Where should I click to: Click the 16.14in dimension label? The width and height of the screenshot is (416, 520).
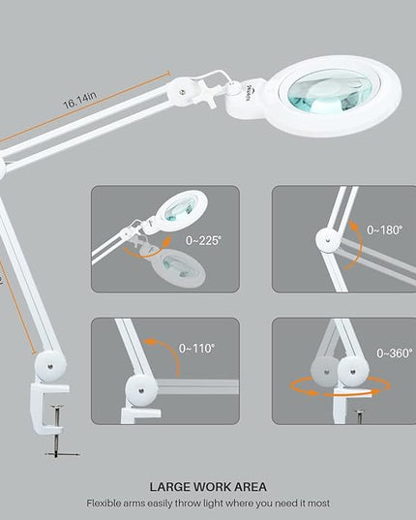point(80,100)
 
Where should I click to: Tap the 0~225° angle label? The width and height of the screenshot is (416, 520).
point(203,240)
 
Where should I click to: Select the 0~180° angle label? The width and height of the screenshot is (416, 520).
point(385,229)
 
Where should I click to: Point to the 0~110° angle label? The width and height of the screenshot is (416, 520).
point(196,349)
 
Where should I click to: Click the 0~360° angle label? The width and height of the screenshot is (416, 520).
point(395,353)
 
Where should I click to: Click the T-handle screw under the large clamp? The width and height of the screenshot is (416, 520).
point(57,430)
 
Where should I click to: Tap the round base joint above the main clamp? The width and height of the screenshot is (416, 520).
point(50,367)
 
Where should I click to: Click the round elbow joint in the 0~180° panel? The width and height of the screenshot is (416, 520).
point(328,240)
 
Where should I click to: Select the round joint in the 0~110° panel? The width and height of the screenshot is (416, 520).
point(141,390)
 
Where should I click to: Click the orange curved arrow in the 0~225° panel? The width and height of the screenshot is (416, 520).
point(147,252)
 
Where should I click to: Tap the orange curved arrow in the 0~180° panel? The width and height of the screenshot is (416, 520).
point(358,245)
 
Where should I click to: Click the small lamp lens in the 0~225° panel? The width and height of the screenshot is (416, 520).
point(182,209)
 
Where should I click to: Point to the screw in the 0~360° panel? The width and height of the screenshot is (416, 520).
point(360,416)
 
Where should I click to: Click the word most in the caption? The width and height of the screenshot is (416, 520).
point(318,504)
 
